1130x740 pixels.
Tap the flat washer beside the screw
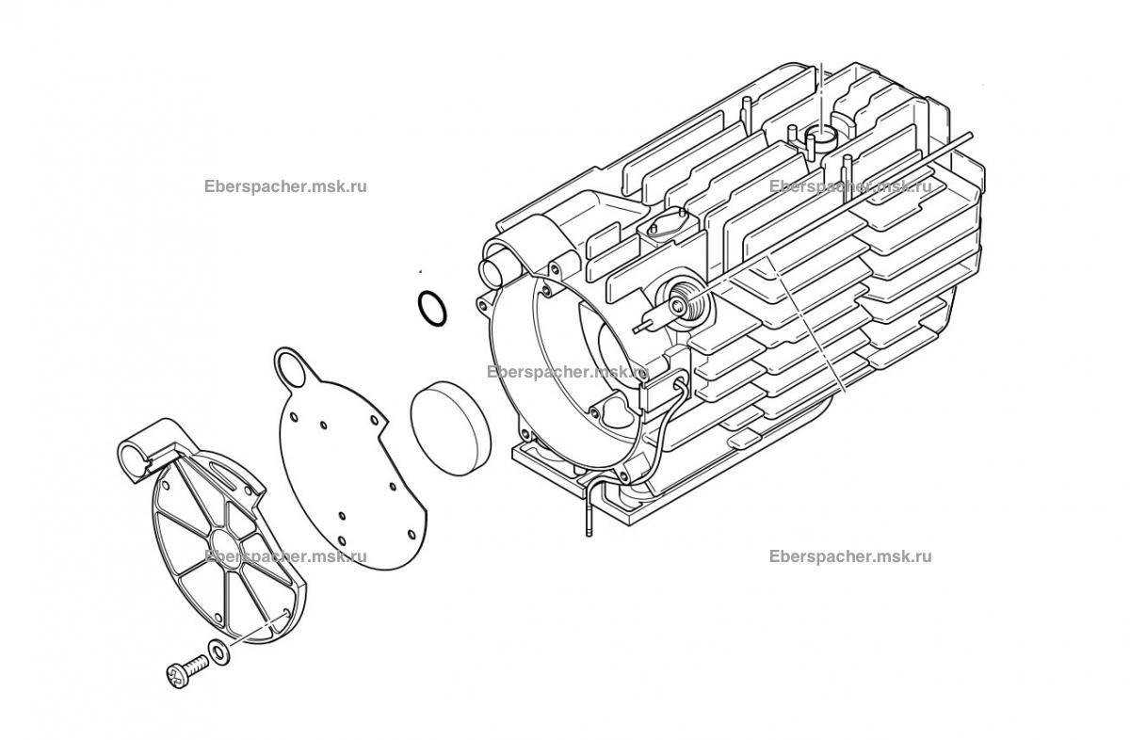click(x=218, y=652)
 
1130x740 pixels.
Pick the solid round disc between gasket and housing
click(x=450, y=427)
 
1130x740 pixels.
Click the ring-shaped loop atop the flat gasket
click(x=291, y=367)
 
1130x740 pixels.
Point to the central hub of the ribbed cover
click(x=227, y=545)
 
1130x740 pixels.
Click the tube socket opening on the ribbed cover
click(x=132, y=458)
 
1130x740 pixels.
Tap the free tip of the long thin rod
click(x=970, y=135)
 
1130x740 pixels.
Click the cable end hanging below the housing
click(x=589, y=524)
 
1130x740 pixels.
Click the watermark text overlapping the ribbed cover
click(x=285, y=557)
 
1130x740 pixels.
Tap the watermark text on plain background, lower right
click(x=850, y=557)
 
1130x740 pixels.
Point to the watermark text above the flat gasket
click(x=285, y=187)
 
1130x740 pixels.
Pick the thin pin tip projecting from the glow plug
click(x=639, y=329)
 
